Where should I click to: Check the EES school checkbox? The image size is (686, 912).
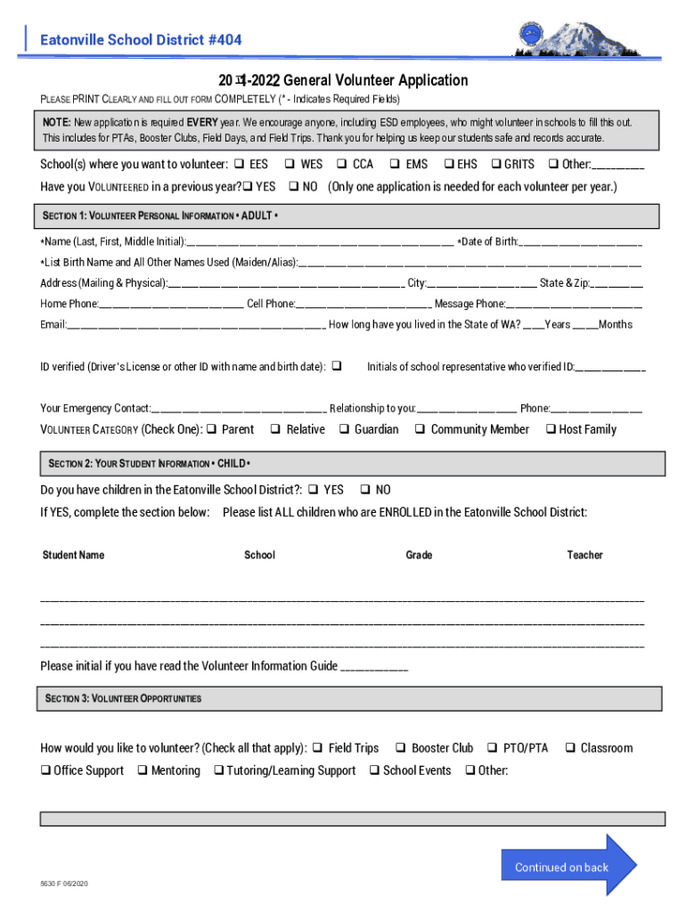(239, 164)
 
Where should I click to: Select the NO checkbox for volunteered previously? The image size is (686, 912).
(293, 187)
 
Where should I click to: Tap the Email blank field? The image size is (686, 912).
(196, 325)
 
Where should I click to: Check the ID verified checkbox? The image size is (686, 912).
(337, 366)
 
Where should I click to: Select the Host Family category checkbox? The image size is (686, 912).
(551, 429)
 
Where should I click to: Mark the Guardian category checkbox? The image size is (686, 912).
(343, 429)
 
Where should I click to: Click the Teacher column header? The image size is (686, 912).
(584, 555)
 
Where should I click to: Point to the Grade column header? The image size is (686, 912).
(419, 555)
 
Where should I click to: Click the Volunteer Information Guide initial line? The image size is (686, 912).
(374, 667)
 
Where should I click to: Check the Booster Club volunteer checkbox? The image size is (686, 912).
(401, 748)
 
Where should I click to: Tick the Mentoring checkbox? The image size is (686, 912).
(142, 770)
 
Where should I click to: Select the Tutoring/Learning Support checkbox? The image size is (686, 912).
(218, 770)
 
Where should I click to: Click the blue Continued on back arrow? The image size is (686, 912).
(570, 866)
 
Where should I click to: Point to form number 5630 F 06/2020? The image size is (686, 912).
(64, 883)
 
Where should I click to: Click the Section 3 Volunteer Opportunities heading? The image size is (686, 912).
(125, 698)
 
